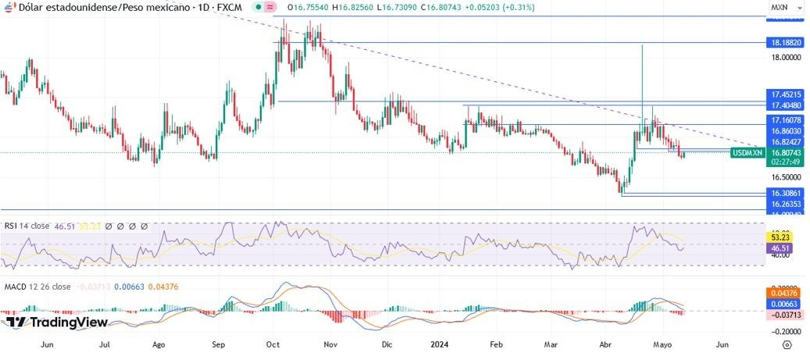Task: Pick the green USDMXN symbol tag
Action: click(x=748, y=153)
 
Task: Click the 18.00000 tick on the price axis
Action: click(x=784, y=57)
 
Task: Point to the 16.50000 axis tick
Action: click(x=784, y=177)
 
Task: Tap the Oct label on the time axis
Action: click(x=273, y=344)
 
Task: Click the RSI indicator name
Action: click(x=11, y=226)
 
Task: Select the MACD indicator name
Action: click(x=16, y=287)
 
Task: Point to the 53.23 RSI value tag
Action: click(x=783, y=235)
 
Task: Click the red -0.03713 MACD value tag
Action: click(x=785, y=314)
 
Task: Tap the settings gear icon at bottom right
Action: click(x=787, y=344)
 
